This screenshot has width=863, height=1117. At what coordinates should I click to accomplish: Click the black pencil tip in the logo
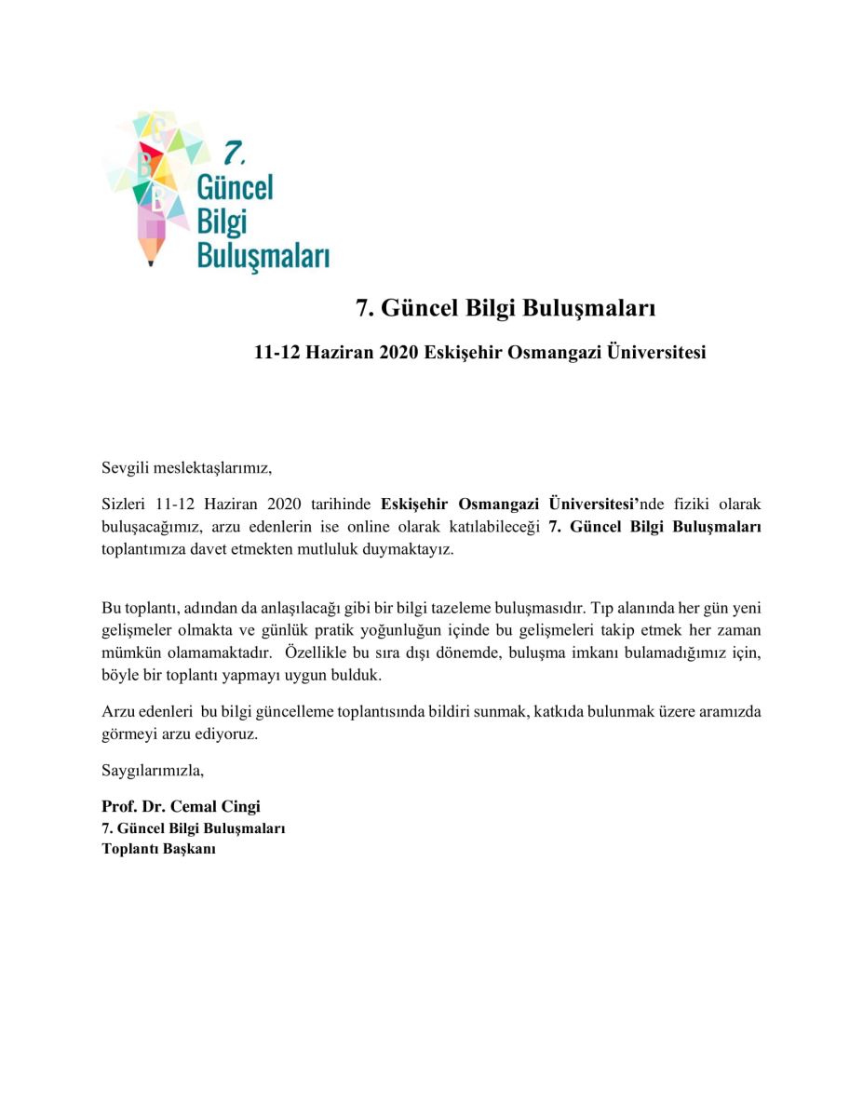point(151,263)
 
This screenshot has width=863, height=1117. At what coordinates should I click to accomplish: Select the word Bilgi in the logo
point(221,221)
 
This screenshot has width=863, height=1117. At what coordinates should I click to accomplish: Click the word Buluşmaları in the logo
point(263,255)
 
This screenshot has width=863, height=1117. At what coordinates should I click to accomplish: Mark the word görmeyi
point(128,734)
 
